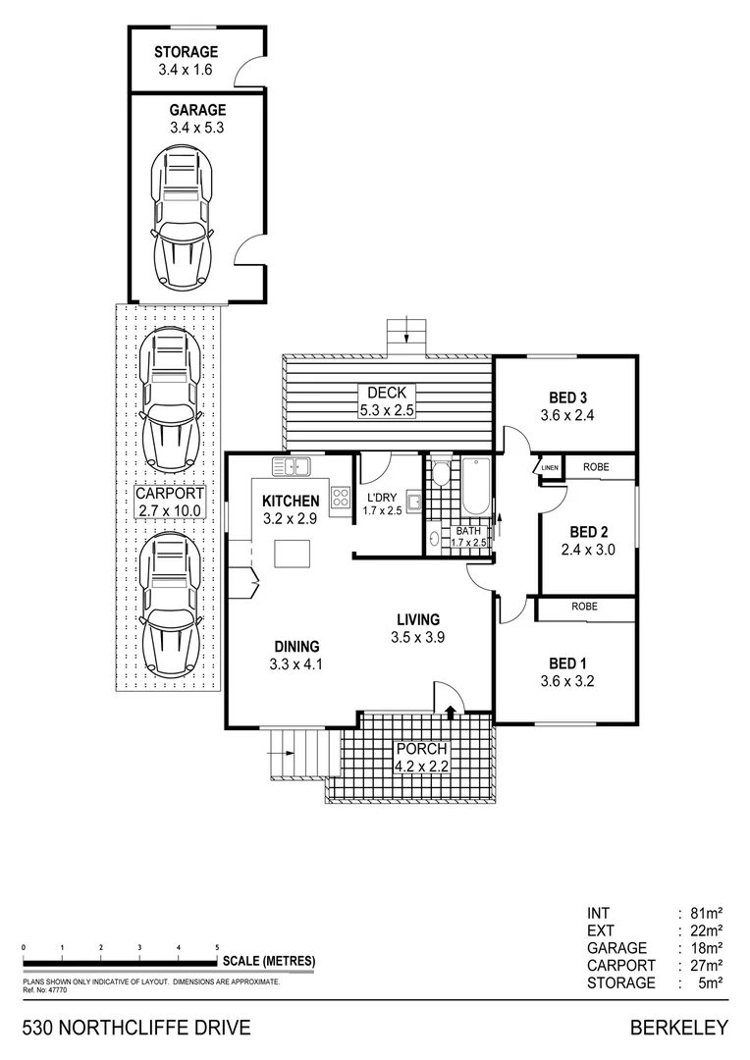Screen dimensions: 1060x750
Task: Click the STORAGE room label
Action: [x=186, y=52]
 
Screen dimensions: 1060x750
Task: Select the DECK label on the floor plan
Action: [x=387, y=393]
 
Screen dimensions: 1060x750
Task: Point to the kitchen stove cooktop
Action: [x=341, y=498]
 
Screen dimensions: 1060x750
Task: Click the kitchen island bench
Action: [x=292, y=554]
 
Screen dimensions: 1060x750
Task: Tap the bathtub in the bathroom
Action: [x=475, y=487]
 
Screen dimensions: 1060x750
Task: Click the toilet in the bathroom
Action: [x=441, y=475]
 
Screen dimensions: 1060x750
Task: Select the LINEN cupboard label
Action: [x=549, y=468]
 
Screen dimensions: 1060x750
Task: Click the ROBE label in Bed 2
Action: [x=595, y=468]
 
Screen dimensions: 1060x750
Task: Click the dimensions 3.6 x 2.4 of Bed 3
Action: [x=567, y=415]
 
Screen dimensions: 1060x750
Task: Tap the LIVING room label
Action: [x=417, y=619]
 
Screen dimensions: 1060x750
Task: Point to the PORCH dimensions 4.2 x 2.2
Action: [x=421, y=767]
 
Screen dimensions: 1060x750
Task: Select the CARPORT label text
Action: [x=169, y=495]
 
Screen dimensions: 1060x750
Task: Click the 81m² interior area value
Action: [x=707, y=912]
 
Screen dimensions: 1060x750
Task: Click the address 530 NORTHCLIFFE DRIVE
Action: [x=135, y=1028]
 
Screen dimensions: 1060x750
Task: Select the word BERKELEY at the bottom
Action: [x=679, y=1028]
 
